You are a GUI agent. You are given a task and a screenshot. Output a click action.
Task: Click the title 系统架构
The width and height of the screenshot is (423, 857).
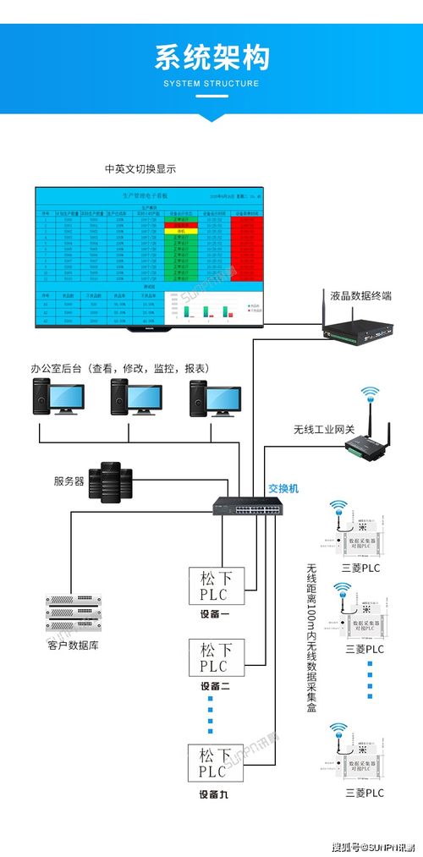(x=211, y=57)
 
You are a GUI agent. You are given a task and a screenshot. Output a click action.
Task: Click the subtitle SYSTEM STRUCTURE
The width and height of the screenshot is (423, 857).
(x=211, y=84)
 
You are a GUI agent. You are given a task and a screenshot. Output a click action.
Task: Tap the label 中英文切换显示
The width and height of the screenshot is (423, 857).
(x=140, y=168)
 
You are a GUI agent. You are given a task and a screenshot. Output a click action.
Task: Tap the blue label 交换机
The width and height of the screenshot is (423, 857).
(x=283, y=488)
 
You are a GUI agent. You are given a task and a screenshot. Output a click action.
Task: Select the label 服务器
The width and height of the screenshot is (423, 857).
(x=69, y=481)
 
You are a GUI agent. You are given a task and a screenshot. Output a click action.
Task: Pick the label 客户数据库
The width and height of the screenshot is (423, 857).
(x=74, y=645)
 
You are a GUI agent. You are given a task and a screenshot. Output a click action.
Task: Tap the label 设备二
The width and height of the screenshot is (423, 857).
(x=214, y=686)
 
